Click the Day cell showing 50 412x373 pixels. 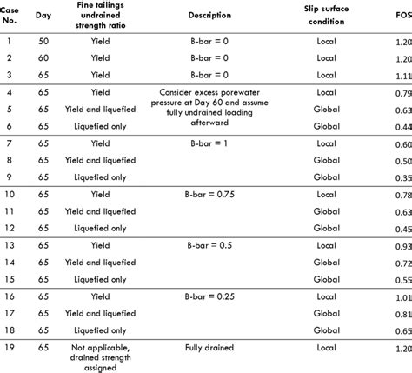pyautogui.click(x=42, y=41)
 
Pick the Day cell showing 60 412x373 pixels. pyautogui.click(x=42, y=58)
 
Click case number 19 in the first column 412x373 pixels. pyautogui.click(x=9, y=348)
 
